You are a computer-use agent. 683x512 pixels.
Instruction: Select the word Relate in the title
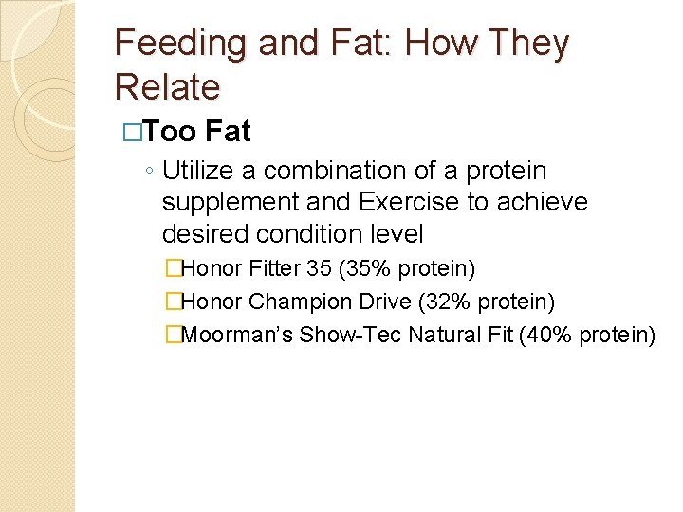coord(167,87)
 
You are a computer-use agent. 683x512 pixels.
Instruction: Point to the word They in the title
coord(530,45)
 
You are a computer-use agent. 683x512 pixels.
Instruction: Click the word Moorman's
coord(237,335)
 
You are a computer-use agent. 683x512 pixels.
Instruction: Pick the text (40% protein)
coord(587,335)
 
